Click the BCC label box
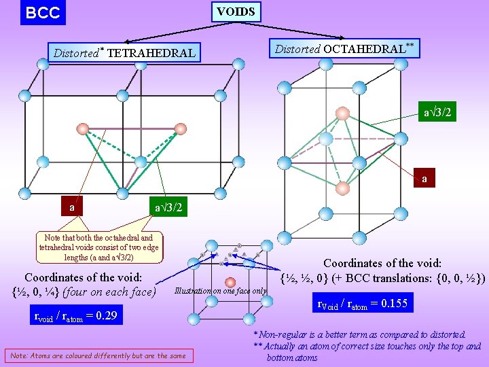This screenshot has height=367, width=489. pyautogui.click(x=43, y=13)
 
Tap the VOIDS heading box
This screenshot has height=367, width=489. pyautogui.click(x=236, y=12)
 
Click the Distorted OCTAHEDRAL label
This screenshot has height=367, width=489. pyautogui.click(x=344, y=48)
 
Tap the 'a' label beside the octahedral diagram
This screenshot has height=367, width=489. pyautogui.click(x=424, y=179)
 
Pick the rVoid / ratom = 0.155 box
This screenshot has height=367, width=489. pyautogui.click(x=363, y=304)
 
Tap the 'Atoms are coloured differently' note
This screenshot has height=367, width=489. pyautogui.click(x=98, y=355)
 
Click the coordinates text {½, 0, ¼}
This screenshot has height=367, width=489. pyautogui.click(x=83, y=292)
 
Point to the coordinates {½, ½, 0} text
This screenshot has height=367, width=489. pyautogui.click(x=384, y=277)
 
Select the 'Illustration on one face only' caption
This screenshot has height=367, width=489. pyautogui.click(x=221, y=291)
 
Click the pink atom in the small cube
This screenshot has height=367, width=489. pyautogui.click(x=230, y=283)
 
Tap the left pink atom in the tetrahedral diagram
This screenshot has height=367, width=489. pyautogui.click(x=83, y=128)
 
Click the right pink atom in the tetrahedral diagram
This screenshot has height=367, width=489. pyautogui.click(x=180, y=128)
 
